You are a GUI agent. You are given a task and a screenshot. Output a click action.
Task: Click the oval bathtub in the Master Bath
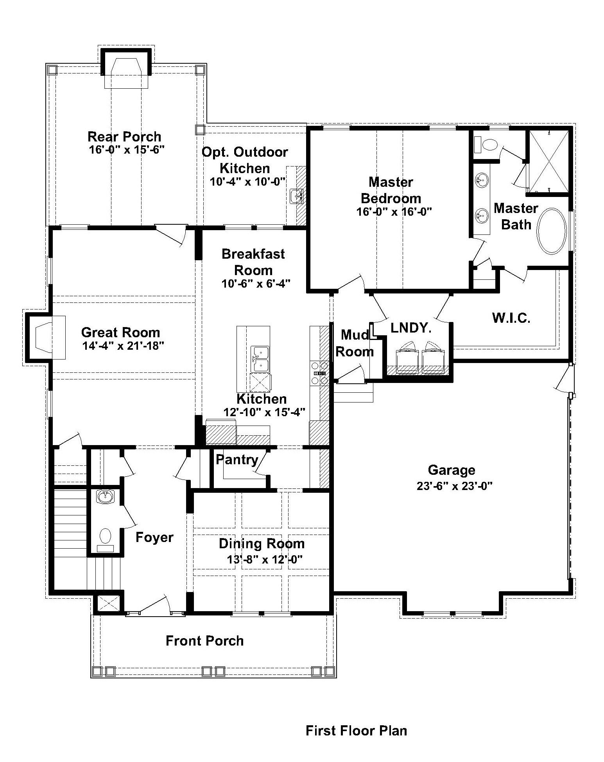click(x=552, y=231)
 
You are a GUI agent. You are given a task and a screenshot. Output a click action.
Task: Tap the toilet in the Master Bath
click(x=485, y=145)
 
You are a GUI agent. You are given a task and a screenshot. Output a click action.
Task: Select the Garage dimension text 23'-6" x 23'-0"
click(x=454, y=486)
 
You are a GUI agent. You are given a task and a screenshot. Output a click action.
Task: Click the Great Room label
click(x=120, y=332)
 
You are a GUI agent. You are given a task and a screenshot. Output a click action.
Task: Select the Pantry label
click(x=237, y=460)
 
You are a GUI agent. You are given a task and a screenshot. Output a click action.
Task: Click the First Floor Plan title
click(x=356, y=730)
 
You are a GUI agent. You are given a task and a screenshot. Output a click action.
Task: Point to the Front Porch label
click(x=204, y=640)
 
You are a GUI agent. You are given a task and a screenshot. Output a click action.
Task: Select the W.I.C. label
click(x=511, y=318)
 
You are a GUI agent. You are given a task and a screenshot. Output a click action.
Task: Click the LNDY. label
click(x=411, y=328)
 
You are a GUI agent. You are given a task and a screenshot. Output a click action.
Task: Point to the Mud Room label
click(x=355, y=343)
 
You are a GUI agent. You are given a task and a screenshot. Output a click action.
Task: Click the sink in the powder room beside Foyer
click(x=105, y=497)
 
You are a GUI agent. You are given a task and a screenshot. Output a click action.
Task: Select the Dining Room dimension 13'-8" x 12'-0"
click(x=265, y=559)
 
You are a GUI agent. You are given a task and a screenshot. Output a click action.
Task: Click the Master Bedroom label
click(x=391, y=190)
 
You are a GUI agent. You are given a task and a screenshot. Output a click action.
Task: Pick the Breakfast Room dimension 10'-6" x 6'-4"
click(x=256, y=283)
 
